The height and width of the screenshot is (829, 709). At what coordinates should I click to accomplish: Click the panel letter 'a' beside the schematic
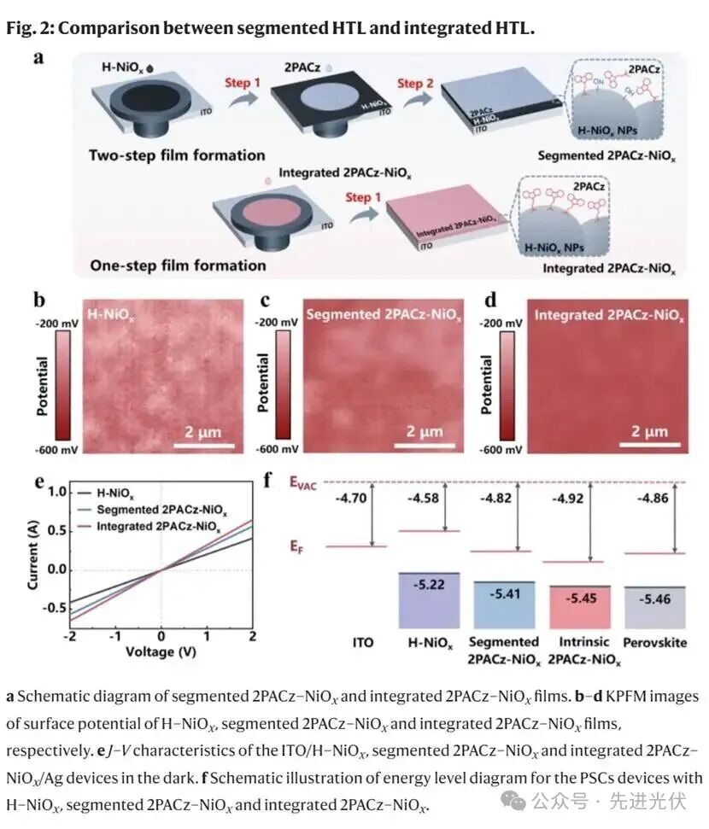tap(38, 58)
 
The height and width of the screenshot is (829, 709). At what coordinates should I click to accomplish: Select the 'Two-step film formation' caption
tap(177, 155)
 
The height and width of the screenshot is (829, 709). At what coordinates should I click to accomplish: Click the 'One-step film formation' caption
tap(178, 266)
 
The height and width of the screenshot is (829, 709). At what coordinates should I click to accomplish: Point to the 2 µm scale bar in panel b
tap(203, 442)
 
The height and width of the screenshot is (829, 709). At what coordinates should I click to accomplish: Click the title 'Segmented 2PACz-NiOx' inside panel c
tap(378, 313)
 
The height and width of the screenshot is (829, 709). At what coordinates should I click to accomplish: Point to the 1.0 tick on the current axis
tap(57, 492)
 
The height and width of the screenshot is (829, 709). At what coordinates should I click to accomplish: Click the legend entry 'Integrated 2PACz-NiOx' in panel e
tap(158, 526)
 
